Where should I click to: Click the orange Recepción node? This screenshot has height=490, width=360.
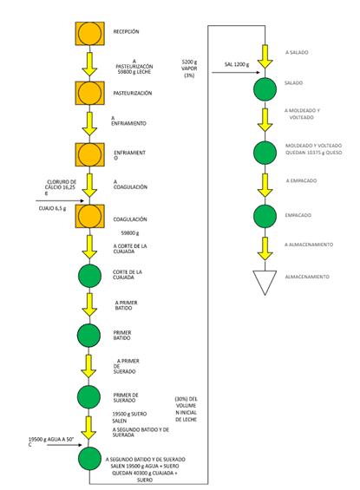pyautogui.click(x=88, y=33)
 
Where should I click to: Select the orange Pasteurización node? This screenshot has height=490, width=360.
pyautogui.click(x=88, y=92)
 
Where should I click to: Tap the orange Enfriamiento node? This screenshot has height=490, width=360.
pyautogui.click(x=88, y=154)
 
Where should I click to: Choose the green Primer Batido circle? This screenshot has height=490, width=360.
pyautogui.click(x=88, y=335)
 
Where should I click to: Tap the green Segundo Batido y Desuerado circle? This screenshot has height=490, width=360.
pyautogui.click(x=88, y=460)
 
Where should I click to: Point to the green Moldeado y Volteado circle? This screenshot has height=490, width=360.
pyautogui.click(x=265, y=152)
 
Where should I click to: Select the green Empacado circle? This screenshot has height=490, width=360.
pyautogui.click(x=265, y=215)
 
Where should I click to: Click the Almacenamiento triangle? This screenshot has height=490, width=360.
pyautogui.click(x=265, y=280)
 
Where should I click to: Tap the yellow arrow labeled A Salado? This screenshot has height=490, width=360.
pyautogui.click(x=265, y=53)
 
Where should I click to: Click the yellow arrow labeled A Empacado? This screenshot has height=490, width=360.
pyautogui.click(x=265, y=183)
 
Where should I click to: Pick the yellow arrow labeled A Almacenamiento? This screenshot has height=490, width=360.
pyautogui.click(x=265, y=247)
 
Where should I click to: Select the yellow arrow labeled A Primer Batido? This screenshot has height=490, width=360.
pyautogui.click(x=88, y=304)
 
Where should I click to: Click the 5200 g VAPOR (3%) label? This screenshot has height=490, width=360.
pyautogui.click(x=189, y=69)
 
